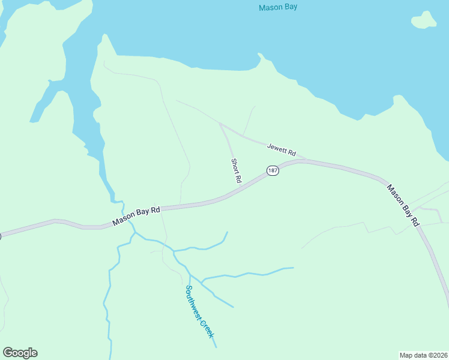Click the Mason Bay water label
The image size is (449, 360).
coord(278,8)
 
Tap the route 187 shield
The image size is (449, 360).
coord(273,170)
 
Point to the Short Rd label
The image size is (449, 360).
coord(236,170)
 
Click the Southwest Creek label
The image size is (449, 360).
coord(199,311)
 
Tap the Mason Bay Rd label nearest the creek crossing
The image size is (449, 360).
coord(137,217)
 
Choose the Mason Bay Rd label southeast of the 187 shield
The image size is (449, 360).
coord(403,204)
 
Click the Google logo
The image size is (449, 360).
coord(20,353)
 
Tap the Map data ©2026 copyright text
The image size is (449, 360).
coord(423,355)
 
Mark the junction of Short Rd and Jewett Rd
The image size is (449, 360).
coord(221,125)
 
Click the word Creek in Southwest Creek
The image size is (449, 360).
coord(207,328)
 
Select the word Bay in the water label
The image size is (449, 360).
coord(290,8)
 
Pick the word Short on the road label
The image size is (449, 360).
coord(235,166)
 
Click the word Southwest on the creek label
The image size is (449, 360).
coord(194,302)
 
